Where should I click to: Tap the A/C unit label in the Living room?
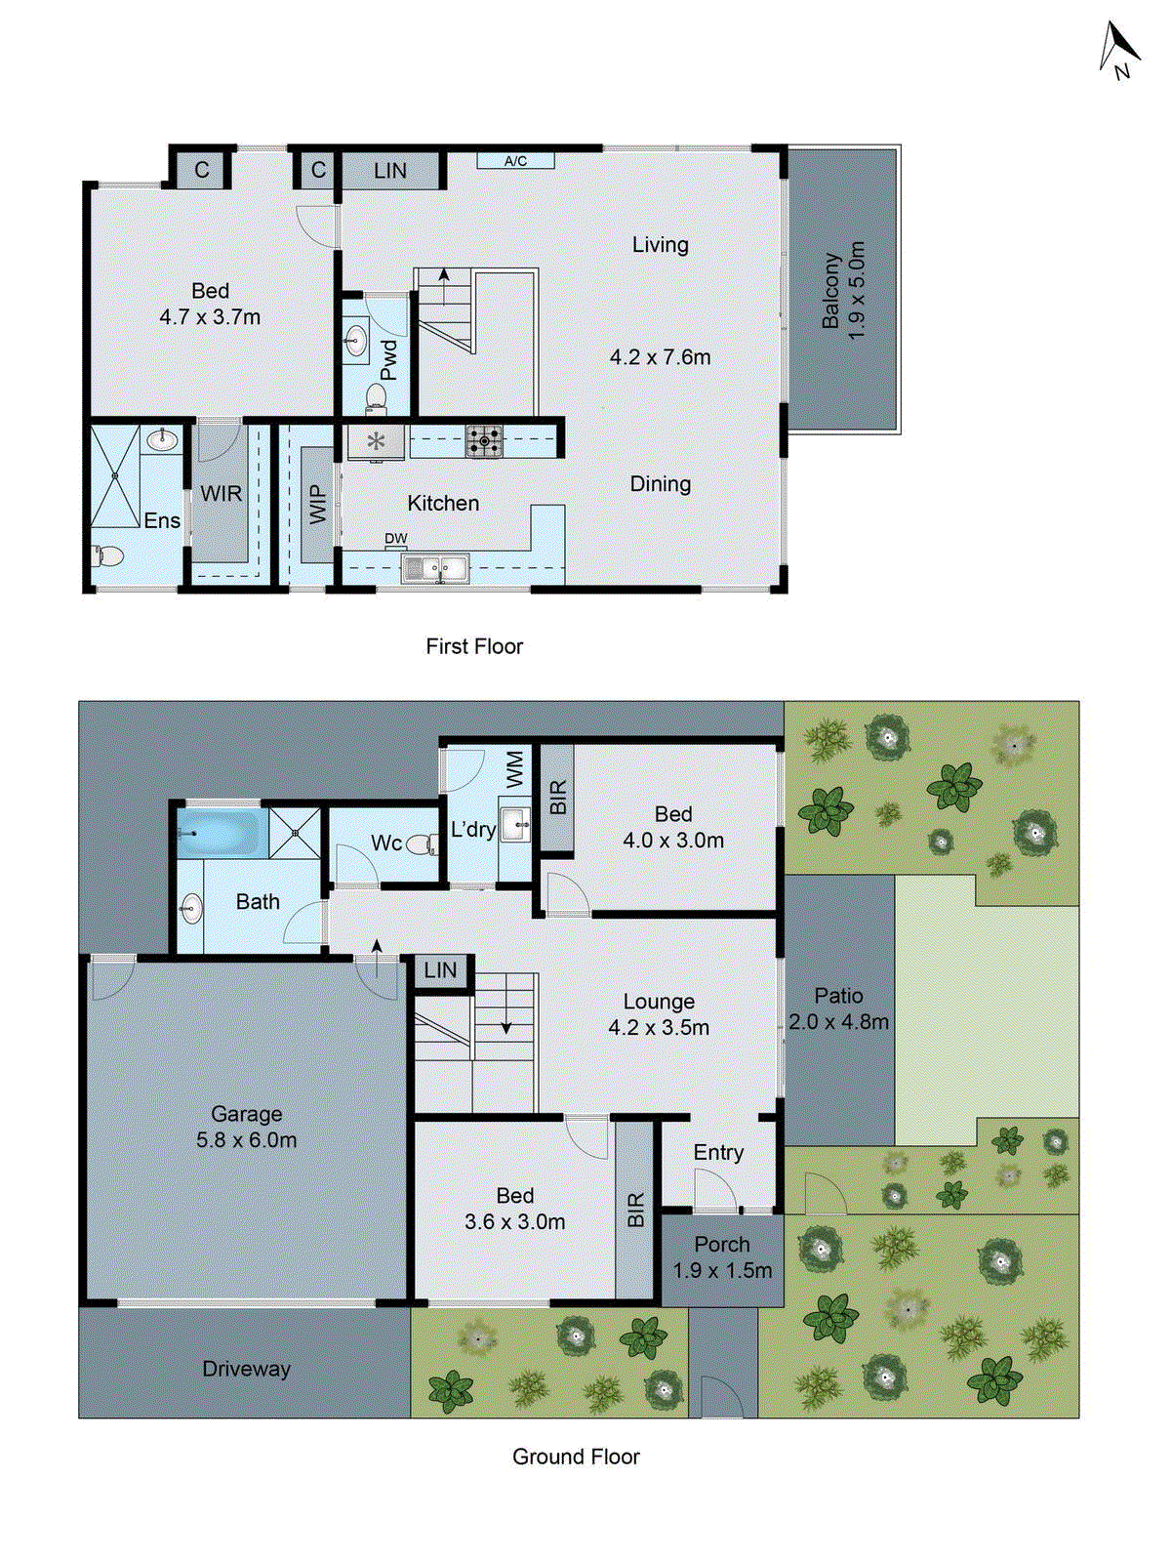point(515,161)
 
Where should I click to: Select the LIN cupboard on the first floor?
point(390,170)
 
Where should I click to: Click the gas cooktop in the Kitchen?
point(484,441)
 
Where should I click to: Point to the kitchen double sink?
point(436,567)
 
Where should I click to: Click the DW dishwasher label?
point(395,539)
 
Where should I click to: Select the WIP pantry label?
point(318,505)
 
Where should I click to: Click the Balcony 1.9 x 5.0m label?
point(843,290)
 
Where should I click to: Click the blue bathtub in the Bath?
point(221,833)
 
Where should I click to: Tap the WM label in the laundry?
point(515,768)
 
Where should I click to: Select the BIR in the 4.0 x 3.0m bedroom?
point(557,798)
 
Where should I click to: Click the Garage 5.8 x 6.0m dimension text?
point(246,1139)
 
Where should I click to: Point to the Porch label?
point(722,1245)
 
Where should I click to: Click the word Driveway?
point(246,1369)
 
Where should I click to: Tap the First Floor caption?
point(474,646)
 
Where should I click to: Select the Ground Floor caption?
point(576,1457)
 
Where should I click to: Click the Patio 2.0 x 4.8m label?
point(838,1008)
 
